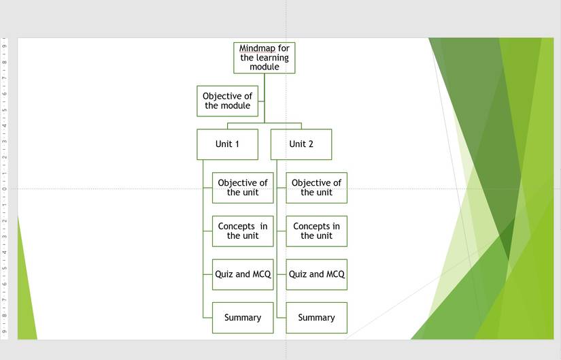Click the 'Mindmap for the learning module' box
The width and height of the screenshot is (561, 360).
pos(265,58)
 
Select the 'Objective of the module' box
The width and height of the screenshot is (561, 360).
pos(227,101)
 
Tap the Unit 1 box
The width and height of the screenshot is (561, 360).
pos(227,144)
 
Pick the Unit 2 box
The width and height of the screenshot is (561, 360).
pos(301,144)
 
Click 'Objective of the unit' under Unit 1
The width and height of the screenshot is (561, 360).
pos(243,188)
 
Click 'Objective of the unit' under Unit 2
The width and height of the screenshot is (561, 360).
pos(316,188)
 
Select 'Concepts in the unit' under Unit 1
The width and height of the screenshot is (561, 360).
pos(243,231)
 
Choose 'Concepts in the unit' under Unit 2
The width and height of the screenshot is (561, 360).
pos(316,231)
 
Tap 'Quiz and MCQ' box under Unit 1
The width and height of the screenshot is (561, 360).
pos(243,274)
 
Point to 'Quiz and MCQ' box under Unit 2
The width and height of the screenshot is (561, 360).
pos(316,274)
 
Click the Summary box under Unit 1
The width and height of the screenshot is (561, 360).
pos(243,318)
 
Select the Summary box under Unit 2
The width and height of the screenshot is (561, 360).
pos(316,318)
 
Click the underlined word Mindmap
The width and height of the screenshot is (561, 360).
pos(257,49)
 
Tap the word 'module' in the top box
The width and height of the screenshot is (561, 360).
pos(265,67)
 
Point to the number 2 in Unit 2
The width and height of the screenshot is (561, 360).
pos(311,144)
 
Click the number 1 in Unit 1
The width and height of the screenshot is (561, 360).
pos(237,144)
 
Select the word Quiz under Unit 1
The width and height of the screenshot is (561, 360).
pos(224,274)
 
